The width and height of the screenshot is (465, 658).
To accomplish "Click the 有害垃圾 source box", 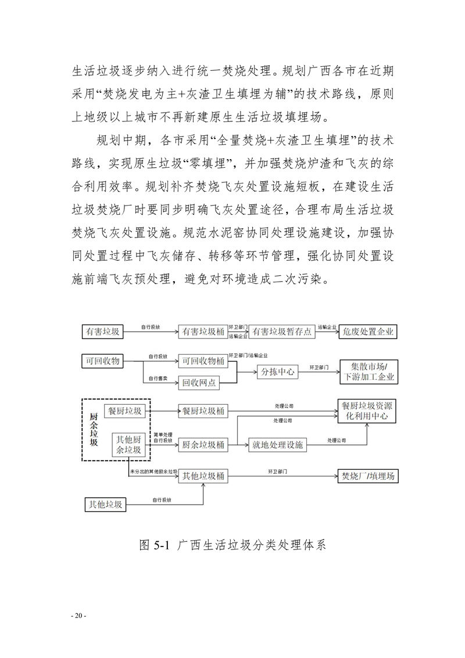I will pyautogui.click(x=103, y=332).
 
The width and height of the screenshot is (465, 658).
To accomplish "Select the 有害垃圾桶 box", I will pyautogui.click(x=201, y=332).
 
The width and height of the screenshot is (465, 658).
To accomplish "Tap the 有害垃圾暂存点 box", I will pyautogui.click(x=282, y=332).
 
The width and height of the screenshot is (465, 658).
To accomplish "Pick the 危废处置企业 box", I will pyautogui.click(x=369, y=332).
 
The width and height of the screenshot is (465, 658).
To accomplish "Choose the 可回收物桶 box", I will pyautogui.click(x=201, y=361).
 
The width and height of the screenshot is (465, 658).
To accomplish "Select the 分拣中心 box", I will pyautogui.click(x=277, y=372).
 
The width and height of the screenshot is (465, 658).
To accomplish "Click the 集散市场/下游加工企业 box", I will pyautogui.click(x=369, y=372).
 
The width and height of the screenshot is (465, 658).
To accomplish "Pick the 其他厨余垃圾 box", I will pyautogui.click(x=128, y=444).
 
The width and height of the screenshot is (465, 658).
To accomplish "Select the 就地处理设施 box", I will pyautogui.click(x=277, y=445).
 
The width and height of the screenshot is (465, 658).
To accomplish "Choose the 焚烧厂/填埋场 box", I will pyautogui.click(x=368, y=476).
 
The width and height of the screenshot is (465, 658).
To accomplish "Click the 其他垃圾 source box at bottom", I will pyautogui.click(x=105, y=504).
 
